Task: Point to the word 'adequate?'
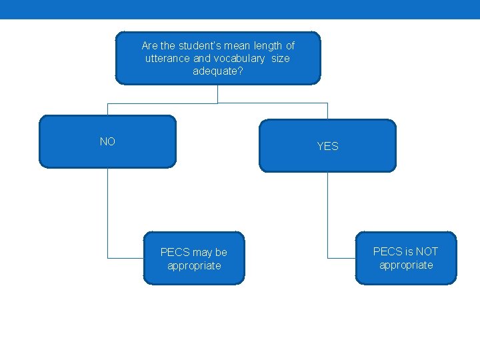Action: pos(218,71)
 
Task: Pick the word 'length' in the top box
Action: pos(268,46)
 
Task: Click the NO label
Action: pos(107,141)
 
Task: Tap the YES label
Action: pos(327,146)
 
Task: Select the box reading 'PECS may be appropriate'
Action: pos(194,259)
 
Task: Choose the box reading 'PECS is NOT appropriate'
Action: pos(406,258)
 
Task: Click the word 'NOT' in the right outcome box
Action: pos(426,251)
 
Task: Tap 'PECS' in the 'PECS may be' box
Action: pos(175,253)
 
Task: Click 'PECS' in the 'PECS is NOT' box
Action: pos(387,251)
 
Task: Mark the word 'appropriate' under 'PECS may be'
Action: pos(194,266)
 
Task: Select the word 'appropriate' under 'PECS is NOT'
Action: pos(406,265)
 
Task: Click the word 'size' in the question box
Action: pos(281,59)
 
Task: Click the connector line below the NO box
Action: pos(107,213)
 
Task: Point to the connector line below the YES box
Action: pos(327,213)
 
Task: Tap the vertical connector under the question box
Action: pos(217,94)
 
